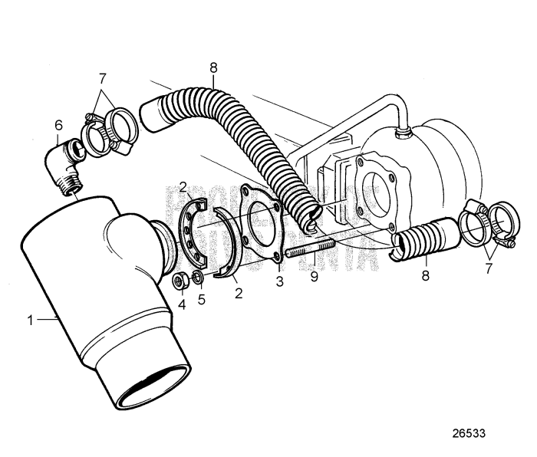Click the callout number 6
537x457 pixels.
(x=58, y=125)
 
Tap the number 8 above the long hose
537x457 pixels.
(x=213, y=67)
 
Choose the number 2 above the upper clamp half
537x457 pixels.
(x=183, y=186)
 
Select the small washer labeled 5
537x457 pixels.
(x=197, y=276)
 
